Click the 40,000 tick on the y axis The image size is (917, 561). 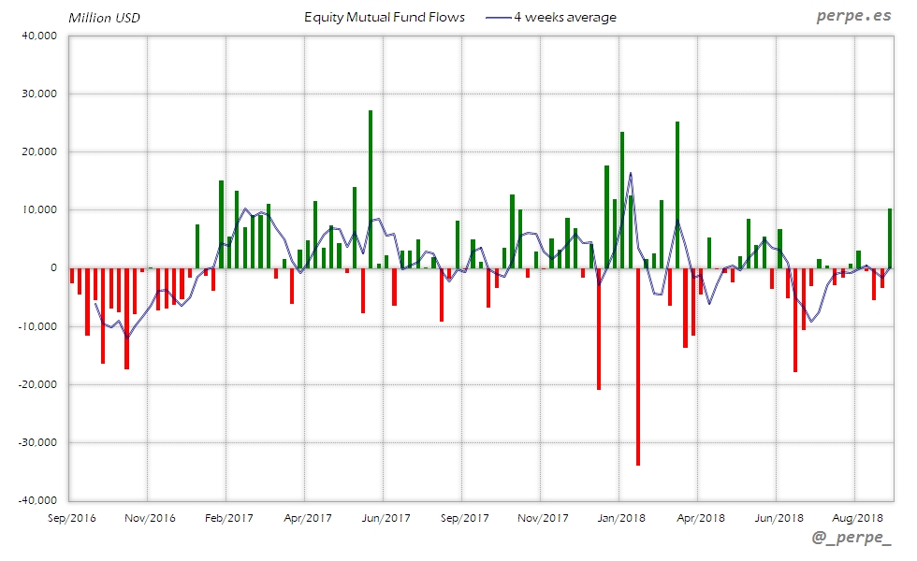[x=38, y=36]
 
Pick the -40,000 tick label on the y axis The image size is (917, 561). [x=36, y=500]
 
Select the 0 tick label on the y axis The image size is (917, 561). [x=53, y=268]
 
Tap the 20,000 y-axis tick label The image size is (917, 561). [x=38, y=151]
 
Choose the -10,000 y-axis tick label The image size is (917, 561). [x=36, y=326]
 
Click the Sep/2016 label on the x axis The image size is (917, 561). [x=71, y=518]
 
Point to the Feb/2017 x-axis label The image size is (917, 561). [x=228, y=518]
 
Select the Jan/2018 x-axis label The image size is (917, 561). [x=621, y=518]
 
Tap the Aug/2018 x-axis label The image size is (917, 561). [x=858, y=518]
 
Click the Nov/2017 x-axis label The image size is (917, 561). [x=543, y=518]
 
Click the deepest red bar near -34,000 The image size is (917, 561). [x=638, y=367]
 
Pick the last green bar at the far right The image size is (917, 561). [x=889, y=238]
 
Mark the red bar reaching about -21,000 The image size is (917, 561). [x=599, y=328]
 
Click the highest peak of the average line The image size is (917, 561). [x=631, y=173]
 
